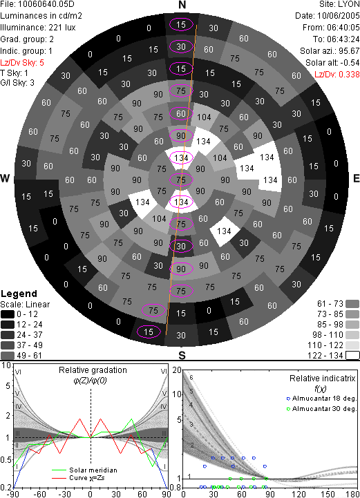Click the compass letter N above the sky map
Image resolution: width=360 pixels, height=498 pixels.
[x=182, y=5]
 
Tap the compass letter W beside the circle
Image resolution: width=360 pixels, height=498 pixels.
[x=5, y=178]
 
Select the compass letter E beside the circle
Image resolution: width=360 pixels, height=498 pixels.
[x=357, y=178]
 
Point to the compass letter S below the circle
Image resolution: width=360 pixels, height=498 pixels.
[x=182, y=356]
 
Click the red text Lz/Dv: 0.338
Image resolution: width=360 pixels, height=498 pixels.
[x=337, y=75]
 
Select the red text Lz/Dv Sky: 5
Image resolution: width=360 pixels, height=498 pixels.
[x=22, y=63]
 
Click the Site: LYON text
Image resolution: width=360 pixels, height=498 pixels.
[x=339, y=4]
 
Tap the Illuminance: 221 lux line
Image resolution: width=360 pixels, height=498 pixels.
[x=38, y=28]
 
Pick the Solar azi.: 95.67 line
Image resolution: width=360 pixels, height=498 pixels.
[x=330, y=51]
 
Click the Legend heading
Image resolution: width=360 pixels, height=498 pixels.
[x=19, y=294]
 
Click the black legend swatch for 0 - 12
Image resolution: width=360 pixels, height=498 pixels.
[x=8, y=314]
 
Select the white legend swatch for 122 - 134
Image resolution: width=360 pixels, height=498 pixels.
[x=352, y=355]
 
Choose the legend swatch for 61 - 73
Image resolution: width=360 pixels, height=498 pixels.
[x=352, y=304]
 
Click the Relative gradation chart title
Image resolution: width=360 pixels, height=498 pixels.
[x=93, y=370]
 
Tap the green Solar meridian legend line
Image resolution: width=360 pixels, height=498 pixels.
[x=59, y=470]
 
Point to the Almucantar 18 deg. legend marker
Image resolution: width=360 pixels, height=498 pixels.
[x=288, y=399]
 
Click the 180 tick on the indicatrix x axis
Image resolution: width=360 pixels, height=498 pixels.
[x=352, y=494]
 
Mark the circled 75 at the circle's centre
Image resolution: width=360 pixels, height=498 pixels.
[x=181, y=180]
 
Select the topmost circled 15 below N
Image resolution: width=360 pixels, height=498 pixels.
[x=181, y=24]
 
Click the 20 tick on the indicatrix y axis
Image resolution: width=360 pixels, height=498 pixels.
[x=177, y=370]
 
